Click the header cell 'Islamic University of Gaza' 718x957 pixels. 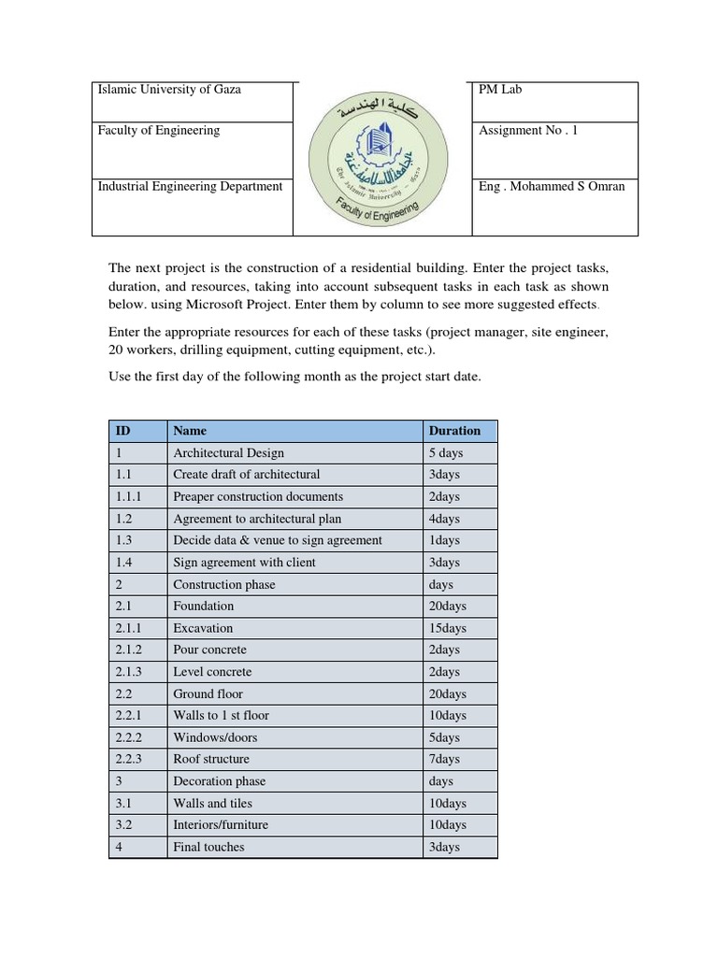coord(169,90)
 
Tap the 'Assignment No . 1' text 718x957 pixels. coord(527,131)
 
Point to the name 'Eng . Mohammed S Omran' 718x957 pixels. coord(552,186)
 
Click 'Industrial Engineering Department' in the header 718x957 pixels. coord(190,186)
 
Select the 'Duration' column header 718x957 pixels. coord(454,431)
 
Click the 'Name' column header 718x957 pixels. coord(190,431)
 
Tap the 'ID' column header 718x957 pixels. coord(122,431)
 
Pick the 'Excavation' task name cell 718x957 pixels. coord(203,628)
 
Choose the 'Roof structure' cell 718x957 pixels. coord(211,759)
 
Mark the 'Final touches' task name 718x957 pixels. coord(208,847)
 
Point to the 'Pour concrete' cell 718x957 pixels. coord(209,650)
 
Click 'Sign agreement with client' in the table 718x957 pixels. coord(244,563)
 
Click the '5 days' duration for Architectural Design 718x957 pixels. coord(445,453)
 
